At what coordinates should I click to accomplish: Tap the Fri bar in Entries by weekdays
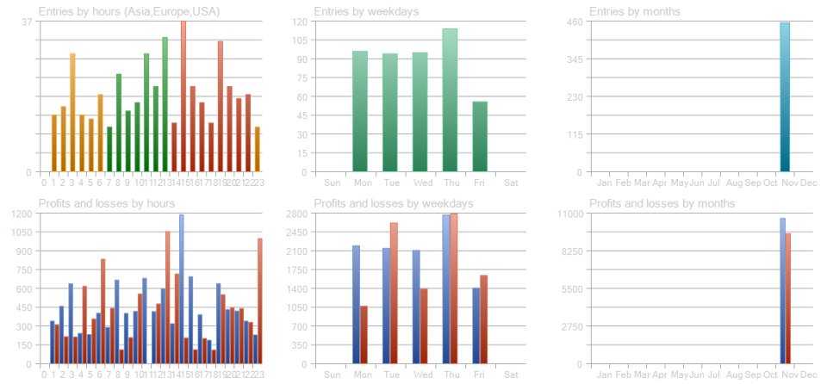(x=480, y=137)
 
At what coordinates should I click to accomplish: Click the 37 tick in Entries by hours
(x=27, y=22)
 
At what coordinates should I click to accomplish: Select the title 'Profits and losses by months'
(x=662, y=203)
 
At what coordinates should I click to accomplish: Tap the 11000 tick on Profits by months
(x=573, y=214)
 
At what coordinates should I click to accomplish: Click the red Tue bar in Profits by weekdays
(x=394, y=293)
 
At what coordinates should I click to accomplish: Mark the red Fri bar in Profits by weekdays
(x=484, y=319)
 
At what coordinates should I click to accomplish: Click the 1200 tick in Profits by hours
(x=22, y=214)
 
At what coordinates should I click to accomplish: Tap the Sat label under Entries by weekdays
(x=510, y=183)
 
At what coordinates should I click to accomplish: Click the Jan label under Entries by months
(x=604, y=183)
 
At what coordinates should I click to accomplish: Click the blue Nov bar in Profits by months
(x=782, y=290)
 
